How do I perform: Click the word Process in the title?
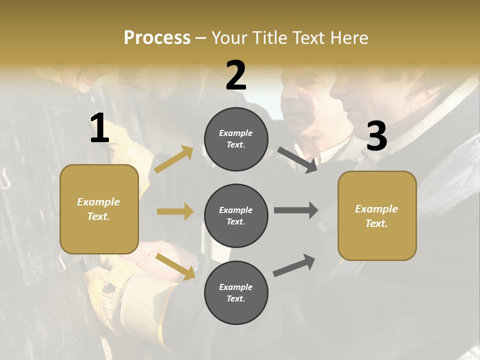(x=157, y=38)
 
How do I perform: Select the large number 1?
(x=99, y=128)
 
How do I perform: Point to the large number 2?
(x=236, y=75)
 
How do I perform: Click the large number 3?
(x=377, y=136)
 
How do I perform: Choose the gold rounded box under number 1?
(x=99, y=209)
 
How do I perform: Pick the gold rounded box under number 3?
(x=377, y=215)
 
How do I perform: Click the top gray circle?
(x=236, y=139)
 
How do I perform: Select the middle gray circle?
(x=236, y=215)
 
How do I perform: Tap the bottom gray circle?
(x=236, y=292)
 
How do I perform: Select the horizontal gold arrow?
(x=175, y=211)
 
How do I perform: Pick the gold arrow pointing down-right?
(x=175, y=266)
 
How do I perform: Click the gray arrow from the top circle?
(x=297, y=160)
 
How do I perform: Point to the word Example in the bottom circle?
(x=235, y=287)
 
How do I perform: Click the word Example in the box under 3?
(x=376, y=209)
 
